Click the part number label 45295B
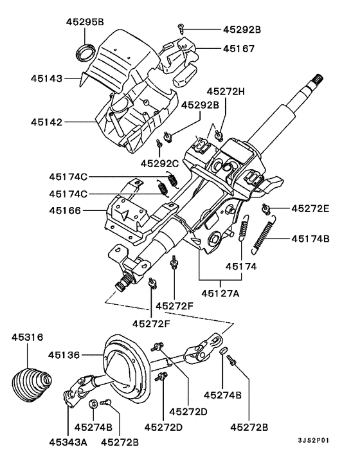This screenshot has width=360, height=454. [85, 22]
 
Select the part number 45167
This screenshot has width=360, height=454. [240, 48]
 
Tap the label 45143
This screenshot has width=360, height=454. [46, 79]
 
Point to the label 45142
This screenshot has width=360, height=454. [46, 120]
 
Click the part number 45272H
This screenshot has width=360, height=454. [226, 91]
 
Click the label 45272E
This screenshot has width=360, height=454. [310, 208]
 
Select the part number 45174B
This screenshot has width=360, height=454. [310, 239]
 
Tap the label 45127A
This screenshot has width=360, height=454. [221, 293]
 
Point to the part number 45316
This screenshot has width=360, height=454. [28, 338]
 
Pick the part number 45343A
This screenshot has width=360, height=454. [69, 442]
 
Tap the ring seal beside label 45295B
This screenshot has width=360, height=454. [84, 50]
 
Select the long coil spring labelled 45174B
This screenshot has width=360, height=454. [264, 235]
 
